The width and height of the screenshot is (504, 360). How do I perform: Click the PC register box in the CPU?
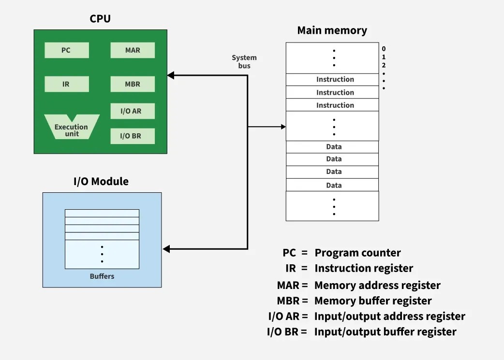point(66,50)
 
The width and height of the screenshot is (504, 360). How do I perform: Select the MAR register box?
point(133,50)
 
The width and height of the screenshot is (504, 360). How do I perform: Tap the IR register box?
point(66,84)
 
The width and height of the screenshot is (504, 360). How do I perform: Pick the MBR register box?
point(133,84)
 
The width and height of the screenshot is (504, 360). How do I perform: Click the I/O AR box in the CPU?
point(133,111)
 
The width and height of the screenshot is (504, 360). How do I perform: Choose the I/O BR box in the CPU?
point(133,136)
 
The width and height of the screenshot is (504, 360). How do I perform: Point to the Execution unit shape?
point(71,128)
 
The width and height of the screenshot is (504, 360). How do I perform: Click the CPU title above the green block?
point(100,19)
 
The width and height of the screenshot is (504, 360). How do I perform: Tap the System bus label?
point(244,62)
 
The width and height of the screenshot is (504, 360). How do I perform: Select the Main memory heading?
point(332,30)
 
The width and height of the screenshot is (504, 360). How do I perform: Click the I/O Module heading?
point(101,182)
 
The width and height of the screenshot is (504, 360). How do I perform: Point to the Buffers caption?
point(102,276)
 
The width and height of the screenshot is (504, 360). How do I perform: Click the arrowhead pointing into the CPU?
point(170,75)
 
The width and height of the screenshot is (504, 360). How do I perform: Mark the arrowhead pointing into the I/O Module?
point(166,249)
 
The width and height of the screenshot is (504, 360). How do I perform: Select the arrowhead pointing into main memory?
point(283,127)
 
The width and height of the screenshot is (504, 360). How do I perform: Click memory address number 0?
point(384,49)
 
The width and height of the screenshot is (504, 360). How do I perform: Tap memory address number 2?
point(384,65)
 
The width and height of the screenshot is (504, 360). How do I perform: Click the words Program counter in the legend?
point(357,253)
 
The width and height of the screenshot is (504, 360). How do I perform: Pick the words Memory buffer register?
point(373,301)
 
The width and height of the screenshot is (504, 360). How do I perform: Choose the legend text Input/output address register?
point(389,317)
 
